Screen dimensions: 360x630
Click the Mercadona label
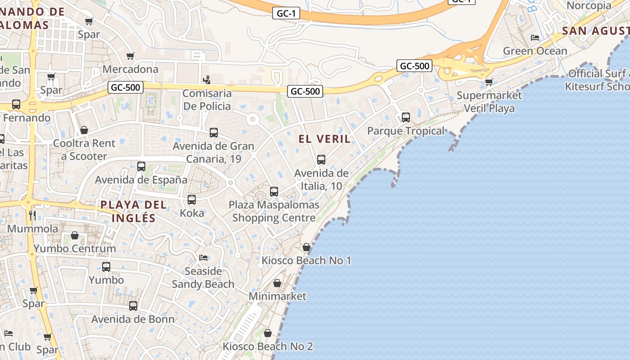pos(130,69)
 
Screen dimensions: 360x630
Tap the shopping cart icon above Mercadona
pos(130,56)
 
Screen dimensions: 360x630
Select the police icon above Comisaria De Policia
pos(207,80)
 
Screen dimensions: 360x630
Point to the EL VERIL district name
pos(324,139)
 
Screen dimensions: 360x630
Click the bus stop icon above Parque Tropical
pos(406,117)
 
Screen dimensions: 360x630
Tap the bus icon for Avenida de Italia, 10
pos(321,160)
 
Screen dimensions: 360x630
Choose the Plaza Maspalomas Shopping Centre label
pos(274,211)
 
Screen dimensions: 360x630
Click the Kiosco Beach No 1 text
pos(306,260)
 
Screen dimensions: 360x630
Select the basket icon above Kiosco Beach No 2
pos(268,333)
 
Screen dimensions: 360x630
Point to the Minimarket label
pos(277,296)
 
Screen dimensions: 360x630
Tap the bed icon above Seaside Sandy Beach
pos(203,258)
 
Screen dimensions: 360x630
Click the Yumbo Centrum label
pos(75,248)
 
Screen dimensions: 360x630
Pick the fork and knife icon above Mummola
pos(32,215)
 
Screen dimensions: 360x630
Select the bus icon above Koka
pos(192,200)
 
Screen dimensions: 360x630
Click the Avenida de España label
pos(141,180)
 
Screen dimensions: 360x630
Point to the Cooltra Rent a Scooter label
pos(84,150)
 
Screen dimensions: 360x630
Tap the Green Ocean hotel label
pos(535,51)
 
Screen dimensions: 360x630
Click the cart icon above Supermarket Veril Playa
pos(489,82)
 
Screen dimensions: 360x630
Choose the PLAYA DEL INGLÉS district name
pos(133,211)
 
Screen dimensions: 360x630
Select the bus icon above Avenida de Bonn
pos(133,306)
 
